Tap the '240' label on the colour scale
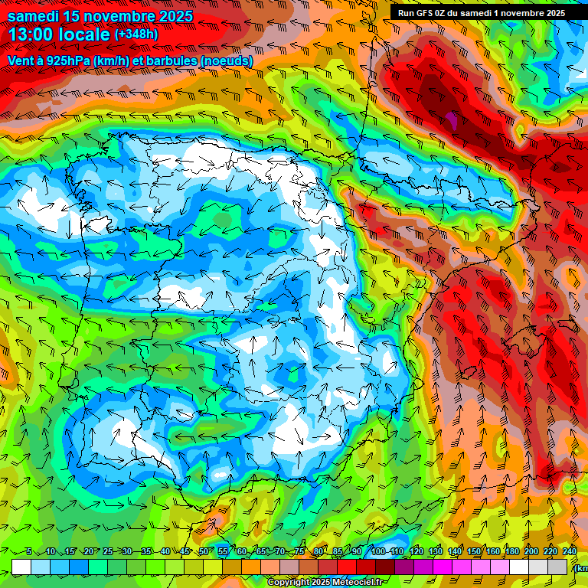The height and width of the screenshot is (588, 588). (570, 552)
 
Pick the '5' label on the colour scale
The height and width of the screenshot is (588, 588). (28, 552)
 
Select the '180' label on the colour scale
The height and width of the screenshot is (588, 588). (512, 552)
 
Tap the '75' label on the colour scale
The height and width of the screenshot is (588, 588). (299, 552)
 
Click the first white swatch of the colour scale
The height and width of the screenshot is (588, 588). (21, 567)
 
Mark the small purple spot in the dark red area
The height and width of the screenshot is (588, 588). (452, 120)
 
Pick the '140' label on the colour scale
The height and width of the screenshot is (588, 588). (455, 552)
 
